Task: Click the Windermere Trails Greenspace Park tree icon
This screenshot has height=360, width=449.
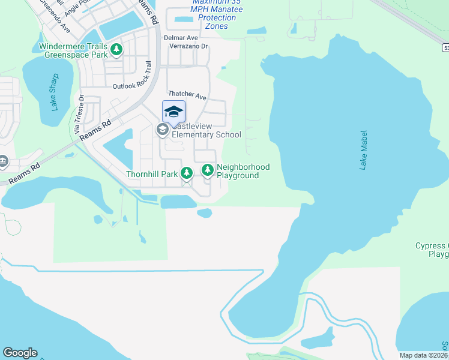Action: pos(116,49)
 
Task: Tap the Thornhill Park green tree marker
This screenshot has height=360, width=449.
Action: pos(187,173)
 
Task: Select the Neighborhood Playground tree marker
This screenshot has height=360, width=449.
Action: pos(208,170)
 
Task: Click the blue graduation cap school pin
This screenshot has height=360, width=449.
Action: pos(173,112)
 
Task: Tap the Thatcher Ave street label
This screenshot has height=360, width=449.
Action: pos(187,95)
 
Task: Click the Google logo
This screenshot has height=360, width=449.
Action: pos(20,353)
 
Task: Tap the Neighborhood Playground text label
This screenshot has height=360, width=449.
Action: pos(243,171)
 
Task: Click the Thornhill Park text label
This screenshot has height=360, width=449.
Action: pos(152,174)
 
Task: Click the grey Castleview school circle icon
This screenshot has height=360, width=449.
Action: pos(161,129)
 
